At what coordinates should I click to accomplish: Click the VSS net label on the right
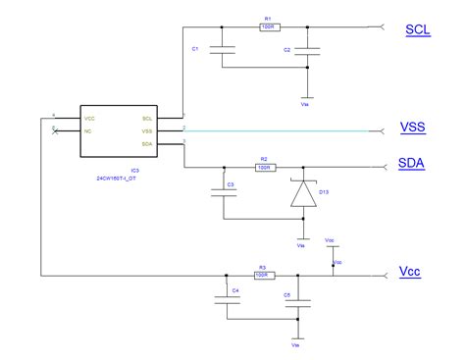coord(413,128)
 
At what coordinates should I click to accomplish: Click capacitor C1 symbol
coord(223,50)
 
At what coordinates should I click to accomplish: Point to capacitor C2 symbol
coord(309,50)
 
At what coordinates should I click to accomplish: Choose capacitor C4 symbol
coord(228,301)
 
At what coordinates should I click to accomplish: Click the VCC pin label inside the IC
coord(91,117)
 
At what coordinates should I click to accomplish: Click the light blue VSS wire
coord(284,129)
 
